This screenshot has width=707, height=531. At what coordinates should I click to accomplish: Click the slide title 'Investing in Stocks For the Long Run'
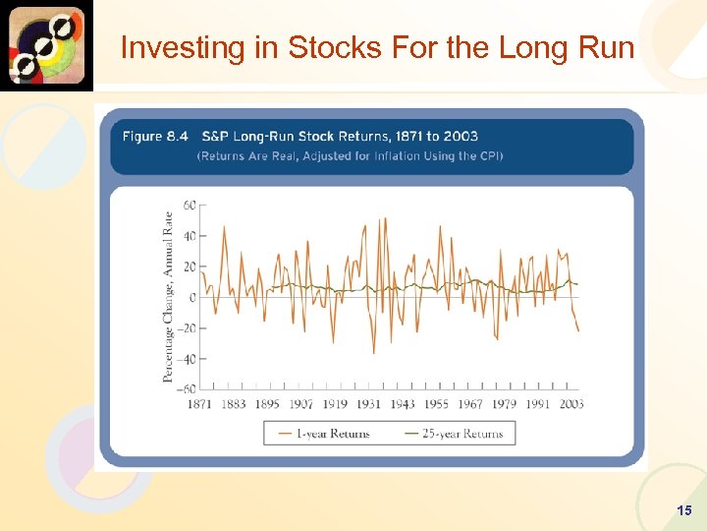pyautogui.click(x=377, y=47)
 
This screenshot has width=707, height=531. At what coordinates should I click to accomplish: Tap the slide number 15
pyautogui.click(x=684, y=510)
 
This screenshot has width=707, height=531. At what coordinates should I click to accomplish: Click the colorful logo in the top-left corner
pyautogui.click(x=46, y=45)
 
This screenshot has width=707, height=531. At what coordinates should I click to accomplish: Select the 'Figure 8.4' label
pyautogui.click(x=155, y=136)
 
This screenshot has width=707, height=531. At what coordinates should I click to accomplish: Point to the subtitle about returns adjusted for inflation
pyautogui.click(x=350, y=156)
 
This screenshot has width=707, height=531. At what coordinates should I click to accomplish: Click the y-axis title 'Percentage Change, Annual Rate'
pyautogui.click(x=168, y=296)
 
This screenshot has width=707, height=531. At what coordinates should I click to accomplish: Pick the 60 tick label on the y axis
pyautogui.click(x=190, y=206)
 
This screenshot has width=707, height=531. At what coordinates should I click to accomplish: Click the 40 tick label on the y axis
pyautogui.click(x=190, y=236)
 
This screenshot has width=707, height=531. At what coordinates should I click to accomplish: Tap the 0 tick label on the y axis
pyautogui.click(x=192, y=297)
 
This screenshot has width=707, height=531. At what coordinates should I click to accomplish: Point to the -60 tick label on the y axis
pyautogui.click(x=187, y=389)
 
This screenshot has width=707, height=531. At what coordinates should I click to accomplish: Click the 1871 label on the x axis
pyautogui.click(x=199, y=404)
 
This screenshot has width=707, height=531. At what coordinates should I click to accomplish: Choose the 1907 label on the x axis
pyautogui.click(x=300, y=404)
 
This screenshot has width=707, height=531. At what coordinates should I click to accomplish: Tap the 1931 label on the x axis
pyautogui.click(x=368, y=404)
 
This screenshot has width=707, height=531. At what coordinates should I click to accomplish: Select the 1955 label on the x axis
pyautogui.click(x=436, y=404)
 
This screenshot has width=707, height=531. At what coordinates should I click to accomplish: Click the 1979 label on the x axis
pyautogui.click(x=504, y=404)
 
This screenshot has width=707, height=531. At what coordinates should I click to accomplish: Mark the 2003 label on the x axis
pyautogui.click(x=571, y=404)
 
